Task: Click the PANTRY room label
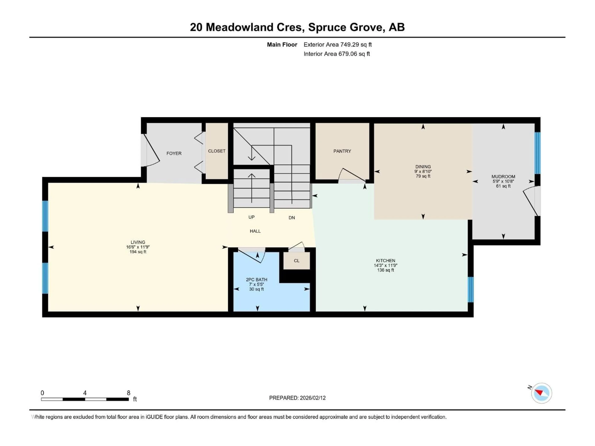tap(342, 151)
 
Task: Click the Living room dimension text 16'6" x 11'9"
tap(138, 247)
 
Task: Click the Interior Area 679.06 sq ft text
tap(337, 54)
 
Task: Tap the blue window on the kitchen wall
tap(470, 290)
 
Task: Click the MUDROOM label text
tap(503, 177)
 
